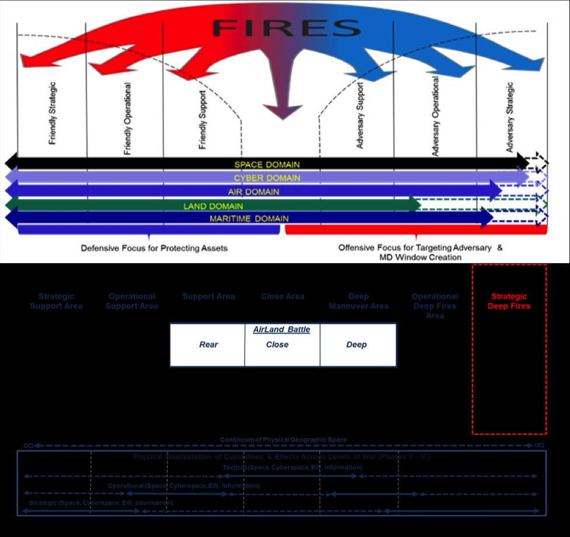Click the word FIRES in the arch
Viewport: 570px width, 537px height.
click(x=286, y=27)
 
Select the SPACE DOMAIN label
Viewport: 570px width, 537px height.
click(x=267, y=165)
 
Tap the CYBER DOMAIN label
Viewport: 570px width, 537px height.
click(x=267, y=178)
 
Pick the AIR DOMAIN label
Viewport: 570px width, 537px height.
click(x=253, y=192)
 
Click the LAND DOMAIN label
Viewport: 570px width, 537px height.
click(x=213, y=206)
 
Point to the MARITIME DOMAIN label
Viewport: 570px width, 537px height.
click(x=249, y=219)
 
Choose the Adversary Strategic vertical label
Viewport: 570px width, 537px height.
click(x=510, y=117)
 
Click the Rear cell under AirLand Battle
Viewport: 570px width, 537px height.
click(x=208, y=345)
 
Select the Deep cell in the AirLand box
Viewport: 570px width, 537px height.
click(x=356, y=345)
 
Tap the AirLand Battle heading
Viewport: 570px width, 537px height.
click(x=281, y=330)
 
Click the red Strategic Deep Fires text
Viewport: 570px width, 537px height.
click(x=509, y=301)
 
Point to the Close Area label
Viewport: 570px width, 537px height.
click(x=283, y=297)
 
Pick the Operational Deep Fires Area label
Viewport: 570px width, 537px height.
click(x=435, y=306)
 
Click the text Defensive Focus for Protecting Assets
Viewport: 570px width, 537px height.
click(x=154, y=248)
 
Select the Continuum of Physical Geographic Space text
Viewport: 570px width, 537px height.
click(x=283, y=439)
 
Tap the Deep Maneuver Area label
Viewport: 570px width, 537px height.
click(x=359, y=301)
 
